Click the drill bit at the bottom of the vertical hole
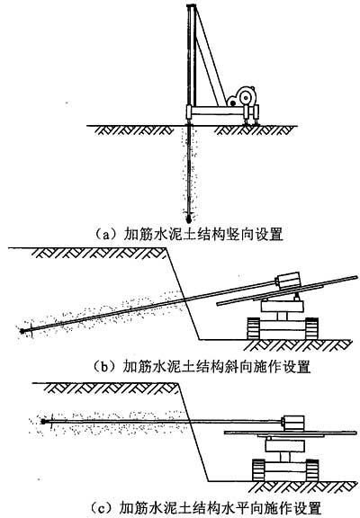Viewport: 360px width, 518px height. (x=189, y=218)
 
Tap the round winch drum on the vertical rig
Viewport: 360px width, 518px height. (x=246, y=96)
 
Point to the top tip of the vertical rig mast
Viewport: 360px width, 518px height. (x=191, y=6)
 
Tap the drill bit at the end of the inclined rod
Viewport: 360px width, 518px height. (x=22, y=331)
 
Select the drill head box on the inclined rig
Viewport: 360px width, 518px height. (x=288, y=281)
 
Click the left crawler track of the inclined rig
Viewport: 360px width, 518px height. (x=254, y=328)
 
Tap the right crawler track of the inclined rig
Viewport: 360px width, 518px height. (x=311, y=328)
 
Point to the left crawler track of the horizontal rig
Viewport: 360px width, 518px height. (x=258, y=469)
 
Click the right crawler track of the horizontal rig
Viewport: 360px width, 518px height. (x=312, y=469)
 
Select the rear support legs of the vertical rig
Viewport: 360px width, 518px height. (x=250, y=114)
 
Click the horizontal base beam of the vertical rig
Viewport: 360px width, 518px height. (x=218, y=111)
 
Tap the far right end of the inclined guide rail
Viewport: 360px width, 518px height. (x=357, y=277)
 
